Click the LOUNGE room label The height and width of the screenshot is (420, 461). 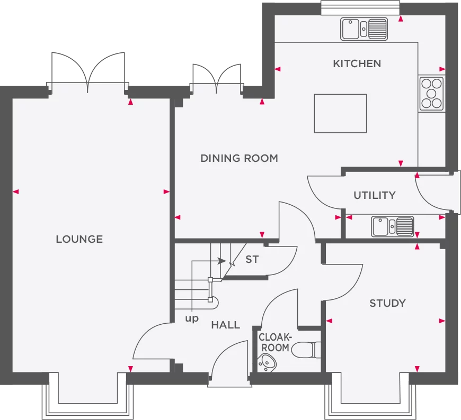click(x=79, y=239)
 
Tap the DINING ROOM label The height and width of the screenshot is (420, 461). click(x=240, y=158)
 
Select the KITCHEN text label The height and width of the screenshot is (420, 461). click(x=357, y=63)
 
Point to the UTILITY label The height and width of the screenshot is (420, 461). click(x=375, y=195)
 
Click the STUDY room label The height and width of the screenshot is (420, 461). click(x=387, y=303)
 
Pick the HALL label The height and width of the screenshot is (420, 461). click(x=226, y=325)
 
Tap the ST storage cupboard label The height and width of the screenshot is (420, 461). click(x=252, y=259)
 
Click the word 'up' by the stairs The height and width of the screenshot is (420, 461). click(x=192, y=318)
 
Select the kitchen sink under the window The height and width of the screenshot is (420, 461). click(x=364, y=29)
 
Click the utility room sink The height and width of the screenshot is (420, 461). click(x=393, y=226)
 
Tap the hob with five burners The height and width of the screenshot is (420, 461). click(x=431, y=94)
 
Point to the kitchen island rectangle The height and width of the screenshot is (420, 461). click(x=340, y=113)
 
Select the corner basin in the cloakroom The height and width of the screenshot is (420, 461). click(x=267, y=363)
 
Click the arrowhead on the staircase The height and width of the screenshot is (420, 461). click(x=222, y=261)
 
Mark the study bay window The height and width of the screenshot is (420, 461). click(x=370, y=396)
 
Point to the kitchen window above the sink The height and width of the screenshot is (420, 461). click(x=360, y=7)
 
